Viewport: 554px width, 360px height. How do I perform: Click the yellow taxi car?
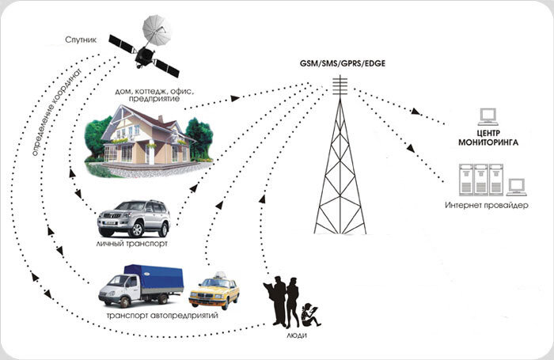click(214, 292)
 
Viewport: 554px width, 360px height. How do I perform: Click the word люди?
click(291, 336)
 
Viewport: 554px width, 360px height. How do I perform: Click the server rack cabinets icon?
click(481, 179)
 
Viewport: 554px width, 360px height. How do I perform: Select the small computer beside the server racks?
click(518, 188)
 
